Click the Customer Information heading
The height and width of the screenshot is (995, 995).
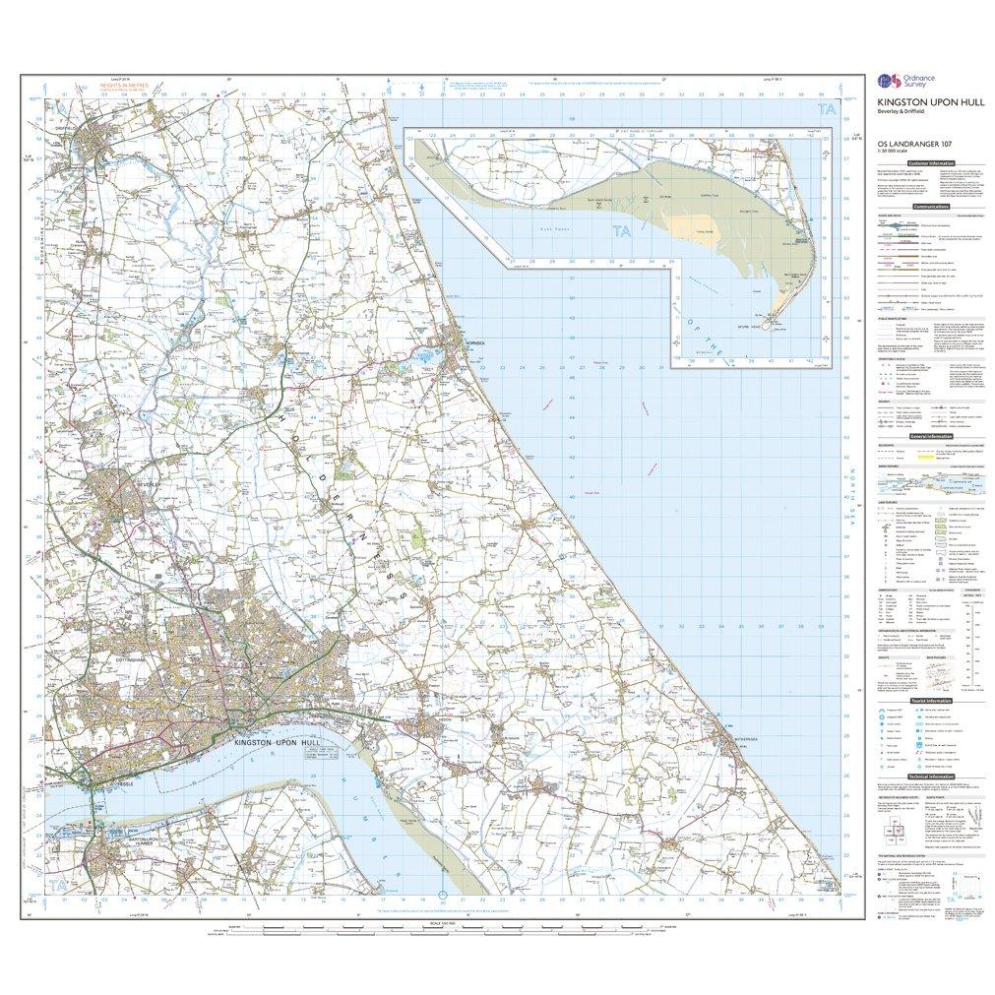coord(930,162)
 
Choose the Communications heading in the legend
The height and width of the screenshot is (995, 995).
coord(930,208)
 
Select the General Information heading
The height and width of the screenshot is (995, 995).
coord(930,436)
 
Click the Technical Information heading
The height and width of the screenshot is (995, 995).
coord(930,776)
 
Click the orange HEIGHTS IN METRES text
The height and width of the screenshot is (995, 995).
coord(123,86)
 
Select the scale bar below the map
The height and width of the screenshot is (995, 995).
coord(443,929)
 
